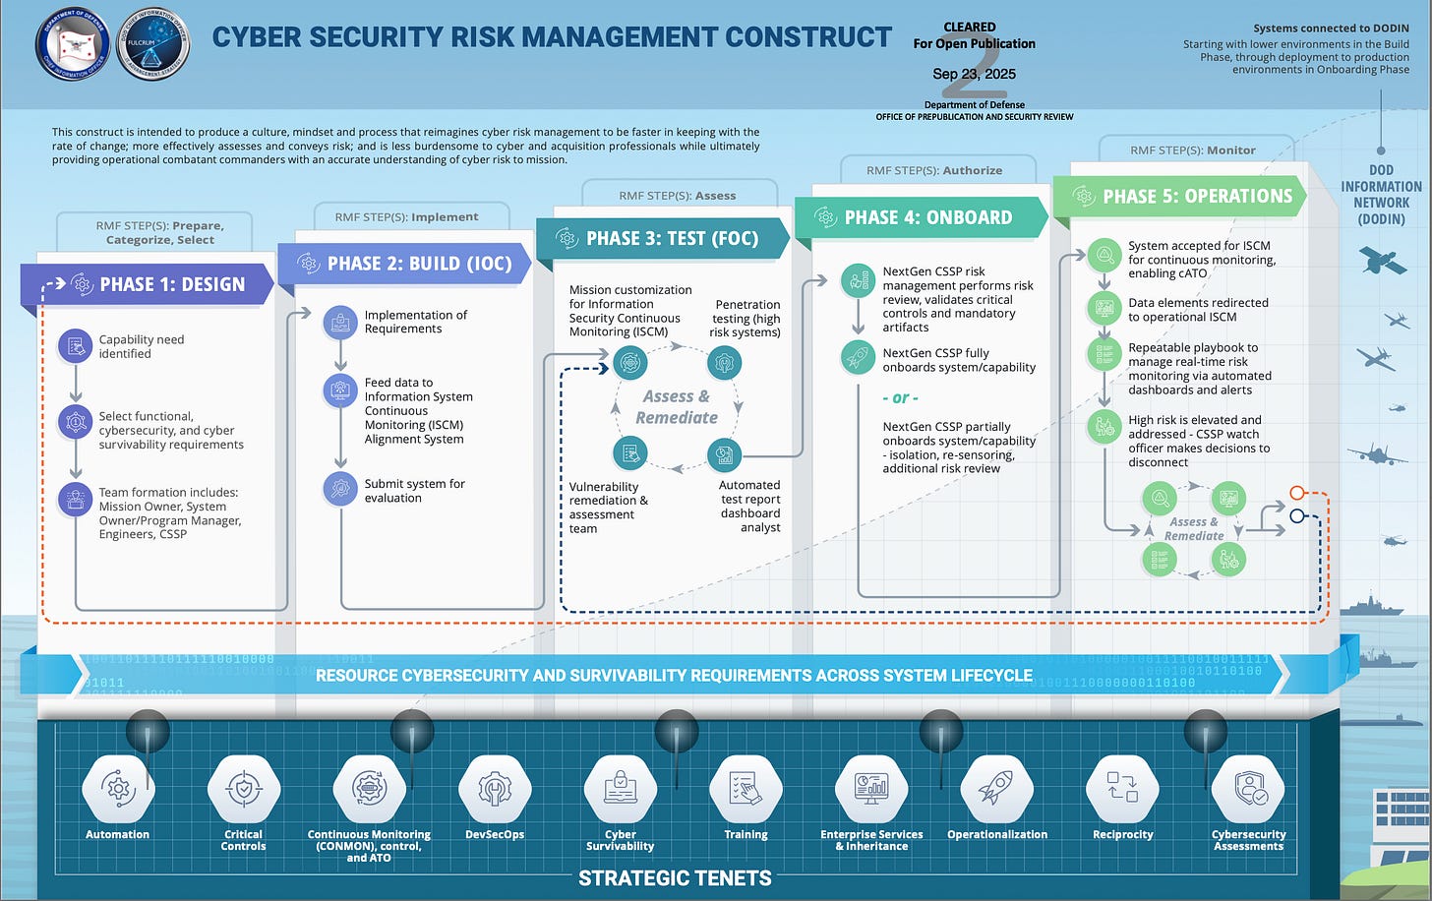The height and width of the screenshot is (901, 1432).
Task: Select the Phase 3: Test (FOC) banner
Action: tap(661, 238)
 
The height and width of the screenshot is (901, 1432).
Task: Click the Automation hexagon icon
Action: tap(118, 789)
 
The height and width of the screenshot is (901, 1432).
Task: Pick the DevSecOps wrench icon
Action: tap(495, 789)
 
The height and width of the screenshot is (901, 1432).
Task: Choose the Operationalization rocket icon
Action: tap(996, 789)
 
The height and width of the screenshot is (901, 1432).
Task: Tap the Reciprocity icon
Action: tap(1122, 789)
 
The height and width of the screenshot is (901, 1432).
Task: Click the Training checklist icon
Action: tap(746, 789)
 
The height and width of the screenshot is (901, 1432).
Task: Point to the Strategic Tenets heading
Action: tap(675, 878)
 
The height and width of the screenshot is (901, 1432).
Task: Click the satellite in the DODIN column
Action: tap(1382, 260)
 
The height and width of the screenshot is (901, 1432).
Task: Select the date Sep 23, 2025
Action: tap(974, 74)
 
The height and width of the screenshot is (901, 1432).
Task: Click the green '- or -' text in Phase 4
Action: tap(900, 398)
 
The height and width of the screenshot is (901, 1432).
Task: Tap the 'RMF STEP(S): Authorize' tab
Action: tap(934, 170)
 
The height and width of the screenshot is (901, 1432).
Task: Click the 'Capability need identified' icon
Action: tap(76, 346)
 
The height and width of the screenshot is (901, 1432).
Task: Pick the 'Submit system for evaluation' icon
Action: tap(340, 489)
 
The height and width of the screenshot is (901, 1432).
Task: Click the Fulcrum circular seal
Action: tap(153, 44)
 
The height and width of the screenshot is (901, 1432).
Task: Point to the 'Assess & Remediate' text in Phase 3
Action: tap(677, 407)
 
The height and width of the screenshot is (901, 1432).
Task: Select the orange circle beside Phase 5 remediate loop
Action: tap(1297, 493)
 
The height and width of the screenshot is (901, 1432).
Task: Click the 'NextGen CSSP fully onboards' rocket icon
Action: tap(858, 358)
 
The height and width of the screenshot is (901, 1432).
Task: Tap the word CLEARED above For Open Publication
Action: tap(970, 28)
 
